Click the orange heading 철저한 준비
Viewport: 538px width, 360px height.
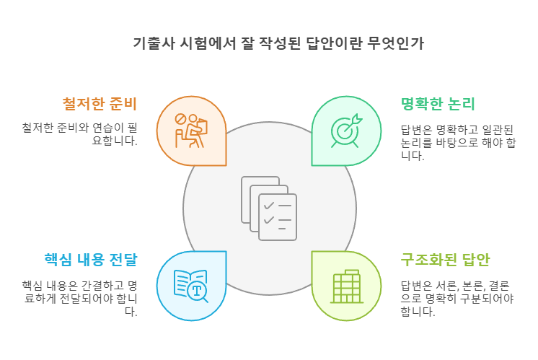click(x=100, y=104)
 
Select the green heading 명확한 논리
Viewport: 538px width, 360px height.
click(x=438, y=104)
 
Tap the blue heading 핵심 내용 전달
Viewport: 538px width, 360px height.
click(x=91, y=260)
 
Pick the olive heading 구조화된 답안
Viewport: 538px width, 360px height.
click(x=445, y=260)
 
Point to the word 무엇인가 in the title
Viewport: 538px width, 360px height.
click(x=396, y=43)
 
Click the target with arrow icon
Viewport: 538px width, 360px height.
click(x=346, y=131)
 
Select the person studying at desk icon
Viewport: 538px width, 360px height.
click(x=191, y=131)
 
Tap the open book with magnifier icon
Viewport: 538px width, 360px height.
click(x=191, y=286)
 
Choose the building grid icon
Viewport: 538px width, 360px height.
click(x=347, y=286)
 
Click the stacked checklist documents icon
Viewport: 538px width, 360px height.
click(x=269, y=208)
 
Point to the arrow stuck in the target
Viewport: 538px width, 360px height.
click(x=352, y=123)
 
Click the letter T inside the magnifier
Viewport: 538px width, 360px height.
click(x=197, y=291)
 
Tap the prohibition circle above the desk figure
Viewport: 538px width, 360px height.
click(x=180, y=120)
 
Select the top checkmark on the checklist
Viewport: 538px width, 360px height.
click(x=269, y=206)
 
